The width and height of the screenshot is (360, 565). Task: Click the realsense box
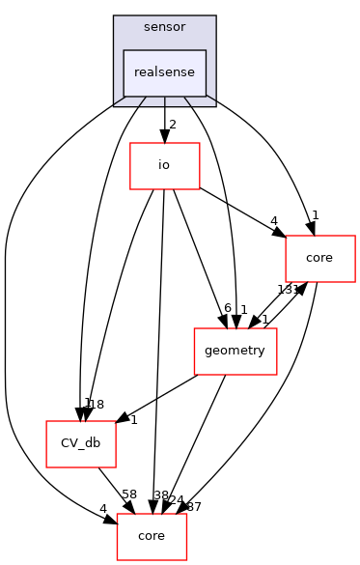[164, 72]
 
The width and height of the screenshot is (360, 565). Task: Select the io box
[164, 165]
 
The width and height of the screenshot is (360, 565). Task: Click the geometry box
[235, 351]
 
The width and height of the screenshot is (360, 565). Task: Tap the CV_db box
[82, 443]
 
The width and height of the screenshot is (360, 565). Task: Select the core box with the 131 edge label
[320, 258]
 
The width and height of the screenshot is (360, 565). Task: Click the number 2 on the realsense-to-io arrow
[173, 125]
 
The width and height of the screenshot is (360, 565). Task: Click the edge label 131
[289, 290]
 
